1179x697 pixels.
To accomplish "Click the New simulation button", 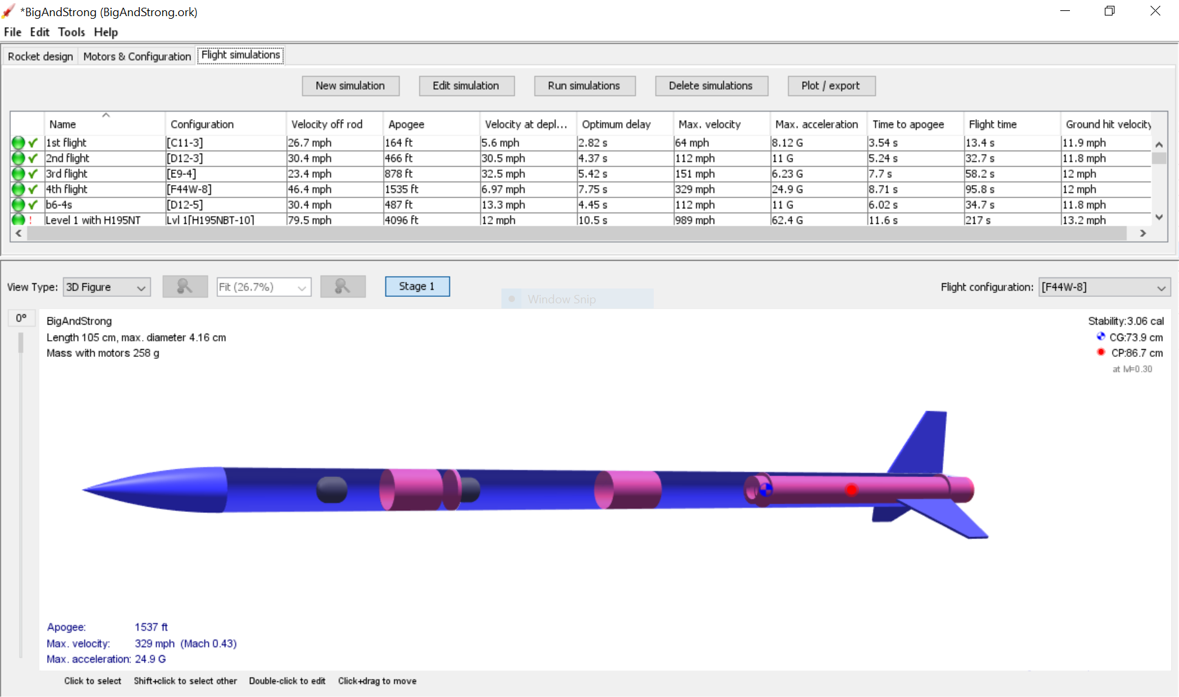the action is point(350,86).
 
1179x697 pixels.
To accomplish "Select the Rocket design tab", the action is point(40,56).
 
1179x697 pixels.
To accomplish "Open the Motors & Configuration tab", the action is point(137,56).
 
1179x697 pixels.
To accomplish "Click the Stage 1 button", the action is point(417,287).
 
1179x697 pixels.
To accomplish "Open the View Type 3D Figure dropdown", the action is point(106,287).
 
